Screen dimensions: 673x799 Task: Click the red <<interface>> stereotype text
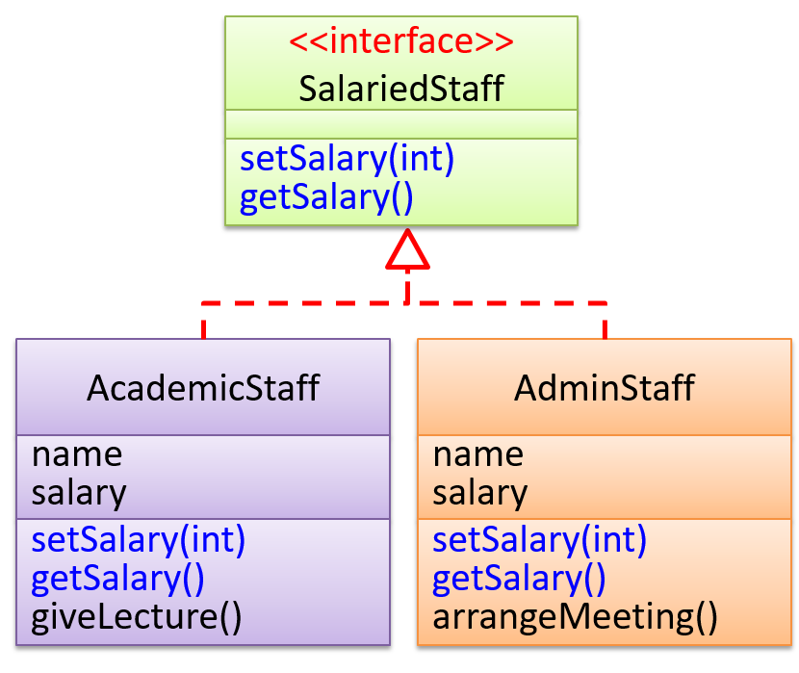tap(400, 42)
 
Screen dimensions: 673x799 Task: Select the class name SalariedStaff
tap(400, 89)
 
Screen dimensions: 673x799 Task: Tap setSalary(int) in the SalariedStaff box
tap(347, 159)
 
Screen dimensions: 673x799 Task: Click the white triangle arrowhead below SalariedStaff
tap(407, 251)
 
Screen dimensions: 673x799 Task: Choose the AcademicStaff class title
tap(203, 388)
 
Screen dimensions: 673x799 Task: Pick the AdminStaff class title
tap(604, 388)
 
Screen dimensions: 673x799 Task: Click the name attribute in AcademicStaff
tap(77, 453)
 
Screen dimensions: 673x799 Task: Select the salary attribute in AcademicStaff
tap(79, 492)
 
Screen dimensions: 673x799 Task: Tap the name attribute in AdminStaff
tap(477, 453)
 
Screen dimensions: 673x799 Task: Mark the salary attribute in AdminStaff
tap(479, 492)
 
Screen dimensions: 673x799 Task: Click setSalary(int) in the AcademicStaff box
tap(139, 539)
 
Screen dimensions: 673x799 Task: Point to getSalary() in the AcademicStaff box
tap(117, 578)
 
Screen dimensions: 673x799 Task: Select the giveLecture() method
tap(136, 616)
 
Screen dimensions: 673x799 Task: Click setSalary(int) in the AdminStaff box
tap(539, 539)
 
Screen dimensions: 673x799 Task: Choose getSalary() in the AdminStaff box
tap(519, 578)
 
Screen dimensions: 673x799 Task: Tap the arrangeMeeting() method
tap(575, 616)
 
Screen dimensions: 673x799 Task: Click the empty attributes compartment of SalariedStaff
tap(400, 124)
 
